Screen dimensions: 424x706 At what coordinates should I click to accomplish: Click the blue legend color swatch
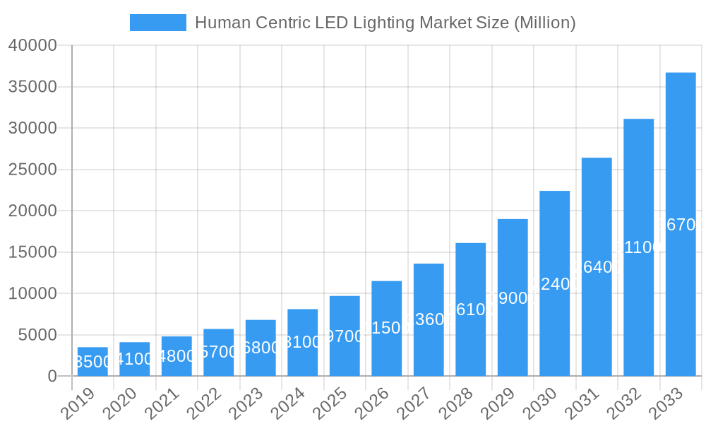pyautogui.click(x=158, y=23)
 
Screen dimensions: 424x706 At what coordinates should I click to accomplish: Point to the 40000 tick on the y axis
pyautogui.click(x=32, y=46)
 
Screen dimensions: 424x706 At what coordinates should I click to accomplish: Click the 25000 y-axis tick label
pyautogui.click(x=32, y=170)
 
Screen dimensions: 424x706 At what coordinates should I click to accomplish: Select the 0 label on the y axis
pyautogui.click(x=52, y=377)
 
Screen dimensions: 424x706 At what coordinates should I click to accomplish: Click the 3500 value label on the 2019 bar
pyautogui.click(x=92, y=362)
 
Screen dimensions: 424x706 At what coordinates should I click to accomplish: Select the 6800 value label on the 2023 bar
pyautogui.click(x=261, y=348)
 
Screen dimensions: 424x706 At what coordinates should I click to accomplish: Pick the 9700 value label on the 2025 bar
pyautogui.click(x=345, y=336)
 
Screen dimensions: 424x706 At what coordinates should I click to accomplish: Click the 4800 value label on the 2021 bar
pyautogui.click(x=176, y=356)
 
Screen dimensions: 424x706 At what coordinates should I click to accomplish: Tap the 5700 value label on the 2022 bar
pyautogui.click(x=219, y=352)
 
